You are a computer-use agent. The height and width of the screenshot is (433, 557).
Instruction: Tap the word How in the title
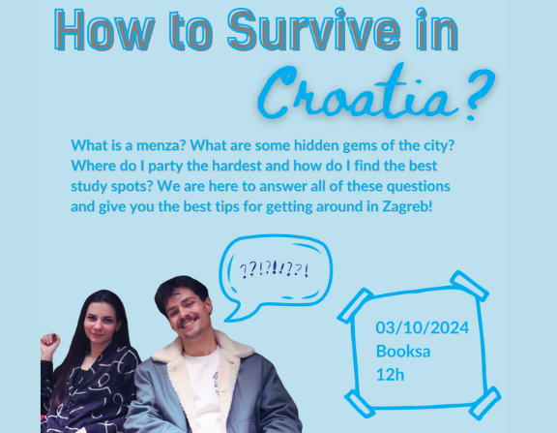coord(104,30)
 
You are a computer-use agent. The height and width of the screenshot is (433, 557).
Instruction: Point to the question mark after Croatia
coord(479,94)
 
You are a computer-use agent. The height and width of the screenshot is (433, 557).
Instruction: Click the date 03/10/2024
coord(423,327)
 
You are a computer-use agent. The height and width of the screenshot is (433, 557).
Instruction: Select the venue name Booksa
coord(403,352)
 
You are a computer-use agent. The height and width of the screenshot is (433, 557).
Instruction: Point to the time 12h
coord(390,375)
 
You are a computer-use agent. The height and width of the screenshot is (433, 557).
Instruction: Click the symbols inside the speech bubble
coord(274,269)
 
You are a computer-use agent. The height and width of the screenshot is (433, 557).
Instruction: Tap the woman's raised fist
coord(50,343)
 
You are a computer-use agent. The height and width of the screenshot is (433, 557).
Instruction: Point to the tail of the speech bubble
coord(236,311)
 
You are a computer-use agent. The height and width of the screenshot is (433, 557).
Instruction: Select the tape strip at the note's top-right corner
coord(469,286)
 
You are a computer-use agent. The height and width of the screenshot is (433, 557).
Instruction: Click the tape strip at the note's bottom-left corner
coord(360,403)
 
